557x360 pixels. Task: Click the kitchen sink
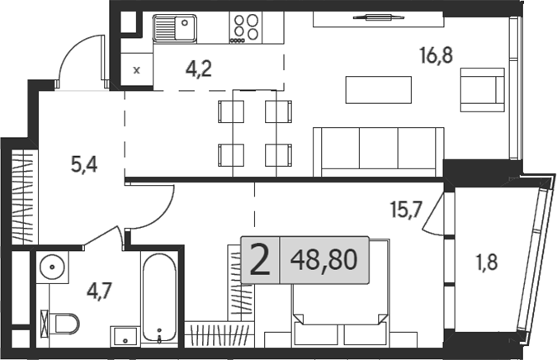click(174, 30)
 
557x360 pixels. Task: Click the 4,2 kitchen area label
click(198, 69)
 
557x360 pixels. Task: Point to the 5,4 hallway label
click(83, 164)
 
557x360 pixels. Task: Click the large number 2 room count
click(259, 262)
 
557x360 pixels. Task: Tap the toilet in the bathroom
click(62, 322)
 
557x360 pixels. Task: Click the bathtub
click(158, 300)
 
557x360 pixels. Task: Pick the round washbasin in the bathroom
click(54, 268)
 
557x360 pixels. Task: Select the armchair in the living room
click(483, 89)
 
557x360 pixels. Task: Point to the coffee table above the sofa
click(378, 90)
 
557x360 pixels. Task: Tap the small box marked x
click(137, 70)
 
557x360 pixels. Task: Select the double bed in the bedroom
click(338, 306)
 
